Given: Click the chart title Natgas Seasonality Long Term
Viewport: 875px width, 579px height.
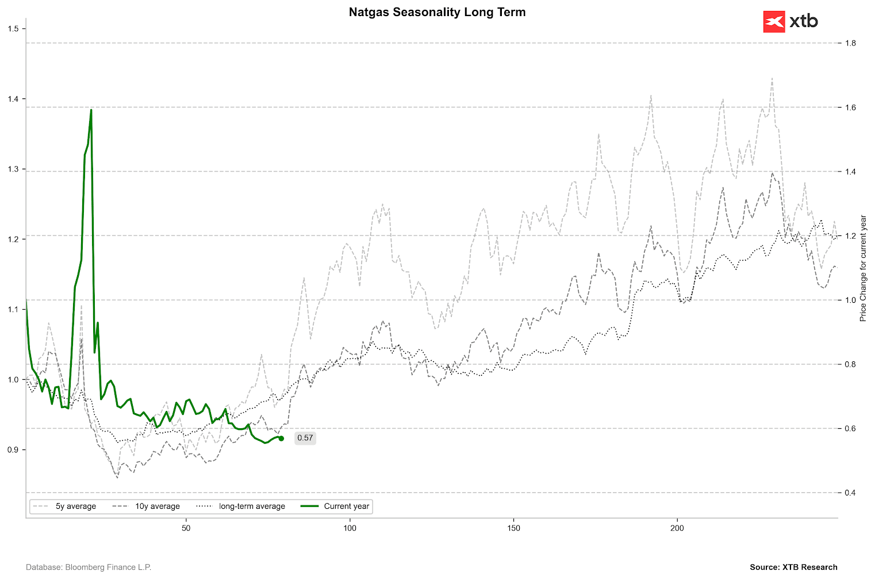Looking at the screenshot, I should click(x=437, y=12).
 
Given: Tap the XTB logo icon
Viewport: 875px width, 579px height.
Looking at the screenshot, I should click(x=774, y=22).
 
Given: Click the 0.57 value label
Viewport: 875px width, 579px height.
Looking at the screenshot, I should click(x=305, y=438).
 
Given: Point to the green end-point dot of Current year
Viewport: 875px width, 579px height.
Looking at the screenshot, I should click(x=281, y=439).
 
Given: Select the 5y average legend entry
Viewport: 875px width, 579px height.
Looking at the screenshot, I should click(x=64, y=506).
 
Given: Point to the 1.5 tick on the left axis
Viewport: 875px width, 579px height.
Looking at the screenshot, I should click(x=13, y=29).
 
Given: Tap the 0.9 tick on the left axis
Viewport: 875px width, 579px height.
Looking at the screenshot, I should click(x=13, y=450).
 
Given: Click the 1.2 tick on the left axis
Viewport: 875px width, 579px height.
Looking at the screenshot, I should click(x=13, y=239).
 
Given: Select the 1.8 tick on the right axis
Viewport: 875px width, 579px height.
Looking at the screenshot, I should click(x=850, y=43).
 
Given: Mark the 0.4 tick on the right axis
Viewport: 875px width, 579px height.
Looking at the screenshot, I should click(x=850, y=493).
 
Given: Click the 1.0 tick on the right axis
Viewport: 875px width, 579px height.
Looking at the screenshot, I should click(x=850, y=300).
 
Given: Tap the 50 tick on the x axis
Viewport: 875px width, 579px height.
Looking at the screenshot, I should click(x=186, y=528).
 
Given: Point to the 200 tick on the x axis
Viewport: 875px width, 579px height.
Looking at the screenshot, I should click(x=677, y=528).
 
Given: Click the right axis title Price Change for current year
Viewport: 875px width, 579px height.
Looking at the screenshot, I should click(x=863, y=268).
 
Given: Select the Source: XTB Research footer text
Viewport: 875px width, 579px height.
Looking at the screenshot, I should click(x=793, y=567).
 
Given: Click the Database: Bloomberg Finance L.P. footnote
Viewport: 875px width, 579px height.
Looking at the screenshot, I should click(x=89, y=567).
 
